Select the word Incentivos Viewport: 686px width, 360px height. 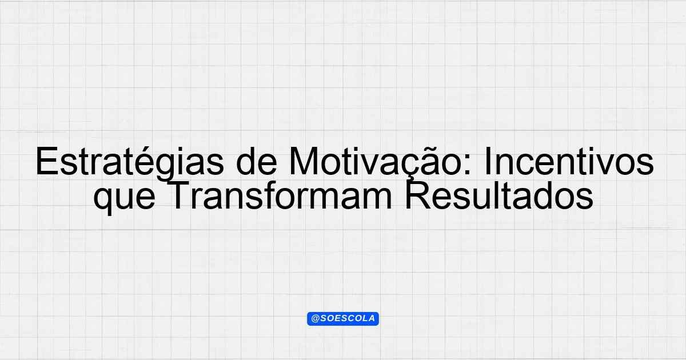pos(569,162)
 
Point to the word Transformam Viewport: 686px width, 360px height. pos(279,196)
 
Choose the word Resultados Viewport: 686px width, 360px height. pos(499,196)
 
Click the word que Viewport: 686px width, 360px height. pos(124,199)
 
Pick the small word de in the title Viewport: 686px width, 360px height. pos(257,162)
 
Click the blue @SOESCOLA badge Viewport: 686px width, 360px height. pos(343,319)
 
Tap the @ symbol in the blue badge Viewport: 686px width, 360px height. pos(315,319)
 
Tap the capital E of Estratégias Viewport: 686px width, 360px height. pos(47,162)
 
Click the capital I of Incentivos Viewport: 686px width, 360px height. pos(488,162)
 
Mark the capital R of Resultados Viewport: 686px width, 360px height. pos(418,196)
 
